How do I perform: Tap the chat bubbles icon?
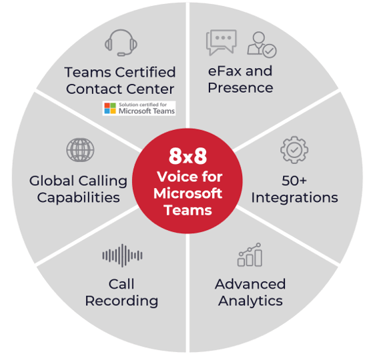[222, 42]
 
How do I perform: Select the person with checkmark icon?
[262, 45]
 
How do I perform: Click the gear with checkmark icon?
[294, 150]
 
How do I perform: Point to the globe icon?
[80, 150]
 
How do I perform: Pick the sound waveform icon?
[123, 255]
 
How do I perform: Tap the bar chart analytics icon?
[250, 255]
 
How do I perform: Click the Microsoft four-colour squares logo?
[110, 108]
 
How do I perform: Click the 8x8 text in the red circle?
[187, 156]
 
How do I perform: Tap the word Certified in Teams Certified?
[146, 72]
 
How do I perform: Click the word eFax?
[225, 71]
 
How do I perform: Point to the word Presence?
[240, 88]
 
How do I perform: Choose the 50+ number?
[294, 181]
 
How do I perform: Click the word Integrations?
[295, 197]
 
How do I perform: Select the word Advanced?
[250, 284]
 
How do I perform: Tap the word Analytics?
[250, 301]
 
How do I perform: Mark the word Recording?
[121, 301]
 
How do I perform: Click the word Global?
[51, 181]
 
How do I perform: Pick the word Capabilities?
[79, 198]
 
